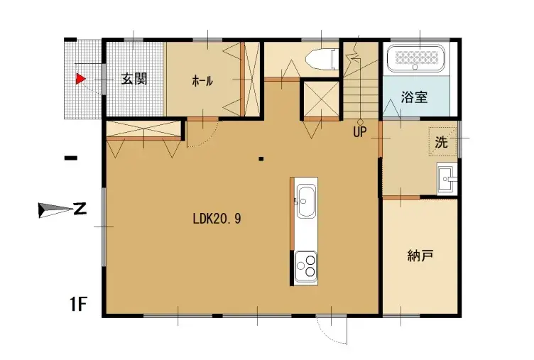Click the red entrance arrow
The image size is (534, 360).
pos(81,79)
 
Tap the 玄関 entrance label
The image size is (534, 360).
pos(133,79)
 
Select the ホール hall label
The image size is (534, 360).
pos(202,81)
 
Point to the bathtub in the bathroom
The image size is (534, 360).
pos(418,59)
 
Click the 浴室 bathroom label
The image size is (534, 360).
pos(414,98)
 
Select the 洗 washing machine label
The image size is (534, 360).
pos(442,141)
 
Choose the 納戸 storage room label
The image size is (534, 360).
pos(420,255)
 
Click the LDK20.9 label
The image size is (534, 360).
pos(217,219)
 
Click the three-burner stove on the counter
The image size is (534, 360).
pos(306,266)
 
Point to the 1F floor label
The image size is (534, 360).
pos(78,305)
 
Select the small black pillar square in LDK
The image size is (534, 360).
pos(261,158)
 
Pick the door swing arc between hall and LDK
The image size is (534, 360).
pos(202,133)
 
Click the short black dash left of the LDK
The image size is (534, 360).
pos(70,158)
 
